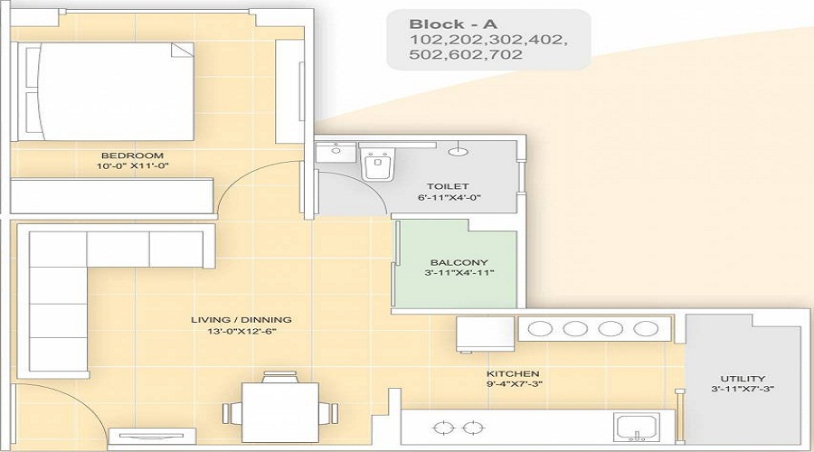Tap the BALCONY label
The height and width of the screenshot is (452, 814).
click(455, 264)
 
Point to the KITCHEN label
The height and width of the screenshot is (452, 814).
click(513, 373)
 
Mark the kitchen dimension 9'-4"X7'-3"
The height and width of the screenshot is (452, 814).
click(513, 384)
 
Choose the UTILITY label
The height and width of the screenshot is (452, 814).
click(743, 378)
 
